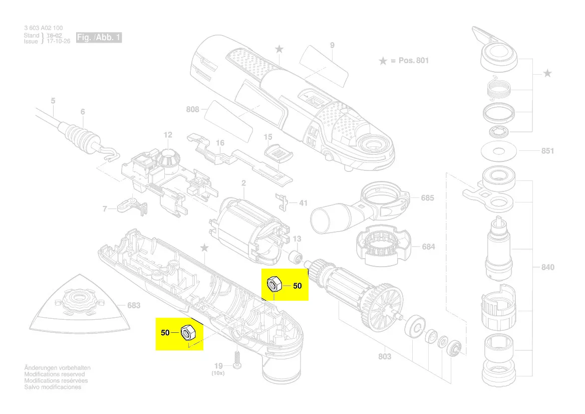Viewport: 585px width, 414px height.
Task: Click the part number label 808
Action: pos(192,109)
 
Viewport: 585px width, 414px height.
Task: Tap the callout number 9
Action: pos(332,46)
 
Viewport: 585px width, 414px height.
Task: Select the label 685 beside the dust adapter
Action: pos(427,198)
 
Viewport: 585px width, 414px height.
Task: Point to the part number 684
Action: pos(428,247)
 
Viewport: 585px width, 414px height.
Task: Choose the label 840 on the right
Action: pos(547,267)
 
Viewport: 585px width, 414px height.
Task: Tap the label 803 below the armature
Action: pos(385,356)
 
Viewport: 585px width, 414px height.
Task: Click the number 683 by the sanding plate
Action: pos(134,305)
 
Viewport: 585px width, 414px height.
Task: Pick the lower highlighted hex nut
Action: pos(187,332)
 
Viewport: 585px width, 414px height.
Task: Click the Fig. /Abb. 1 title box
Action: pos(99,38)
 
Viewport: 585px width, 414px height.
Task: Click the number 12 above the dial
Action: pos(168,135)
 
